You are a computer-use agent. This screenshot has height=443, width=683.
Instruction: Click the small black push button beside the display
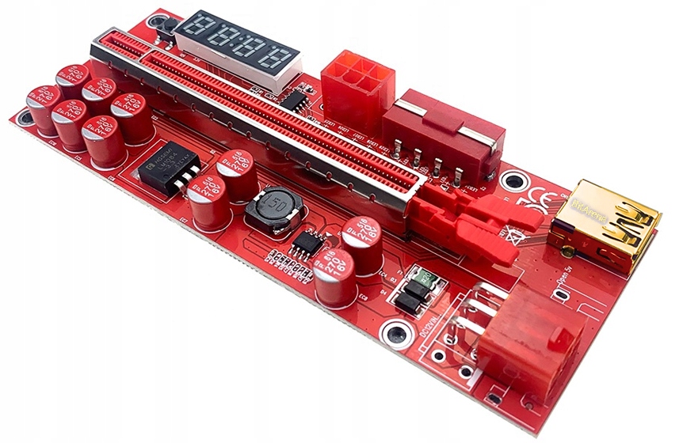coord(169,27)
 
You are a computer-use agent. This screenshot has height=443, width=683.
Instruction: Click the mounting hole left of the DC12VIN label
coord(394,331)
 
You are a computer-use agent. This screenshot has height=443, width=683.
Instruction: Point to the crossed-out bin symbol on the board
coord(516,233)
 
